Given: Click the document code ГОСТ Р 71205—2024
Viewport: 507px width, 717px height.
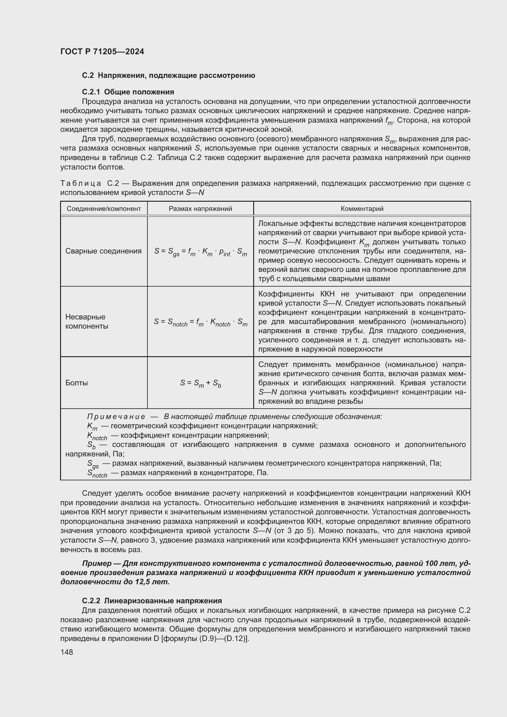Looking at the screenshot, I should (102, 51).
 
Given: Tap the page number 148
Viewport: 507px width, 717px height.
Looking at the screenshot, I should (67, 652).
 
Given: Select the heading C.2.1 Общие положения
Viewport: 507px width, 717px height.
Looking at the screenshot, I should (128, 92).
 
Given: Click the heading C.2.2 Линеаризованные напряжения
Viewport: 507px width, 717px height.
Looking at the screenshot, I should (152, 601).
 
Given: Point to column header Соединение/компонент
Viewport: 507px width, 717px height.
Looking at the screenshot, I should (104, 209).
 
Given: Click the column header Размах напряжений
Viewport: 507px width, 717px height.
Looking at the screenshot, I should (200, 209).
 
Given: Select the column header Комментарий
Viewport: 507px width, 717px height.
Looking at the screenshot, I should (362, 209).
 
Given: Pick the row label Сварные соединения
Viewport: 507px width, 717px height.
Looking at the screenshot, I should (103, 251).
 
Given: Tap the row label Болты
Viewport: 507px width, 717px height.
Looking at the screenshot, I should (77, 383).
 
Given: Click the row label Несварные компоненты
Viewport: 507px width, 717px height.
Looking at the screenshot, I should (87, 321).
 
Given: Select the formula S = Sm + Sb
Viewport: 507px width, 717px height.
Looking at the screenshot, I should (200, 383).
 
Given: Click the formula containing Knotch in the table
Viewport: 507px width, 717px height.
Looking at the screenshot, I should (200, 322).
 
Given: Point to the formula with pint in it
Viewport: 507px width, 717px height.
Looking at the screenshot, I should (200, 251).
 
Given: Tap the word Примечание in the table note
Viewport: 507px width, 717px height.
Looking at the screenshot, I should (116, 417).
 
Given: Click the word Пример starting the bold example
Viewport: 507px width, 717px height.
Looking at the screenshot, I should (97, 563).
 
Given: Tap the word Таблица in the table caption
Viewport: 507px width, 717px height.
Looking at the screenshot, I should (81, 183).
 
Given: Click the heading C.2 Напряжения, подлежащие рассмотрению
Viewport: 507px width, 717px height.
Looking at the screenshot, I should (169, 76).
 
